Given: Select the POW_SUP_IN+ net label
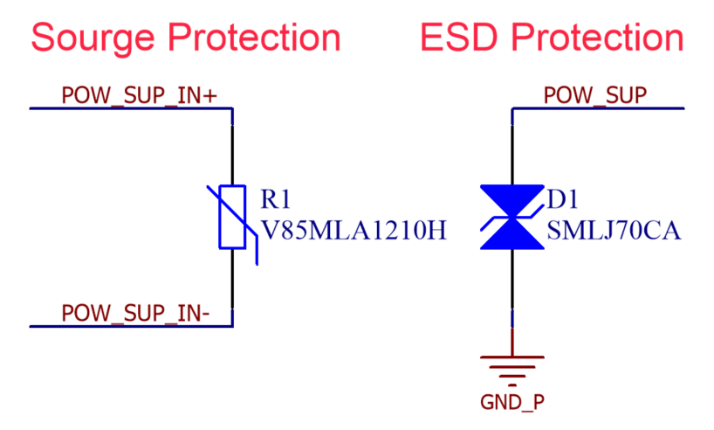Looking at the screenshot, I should pyautogui.click(x=139, y=95).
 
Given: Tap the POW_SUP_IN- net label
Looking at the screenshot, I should pyautogui.click(x=134, y=312).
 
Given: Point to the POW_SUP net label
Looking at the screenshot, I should pyautogui.click(x=595, y=95).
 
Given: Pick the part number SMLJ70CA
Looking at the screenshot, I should pyautogui.click(x=614, y=232).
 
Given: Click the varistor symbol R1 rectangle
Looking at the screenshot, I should pyautogui.click(x=232, y=217).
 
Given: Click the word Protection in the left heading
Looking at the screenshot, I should pyautogui.click(x=254, y=38).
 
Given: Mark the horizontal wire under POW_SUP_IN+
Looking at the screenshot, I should pyautogui.click(x=131, y=108).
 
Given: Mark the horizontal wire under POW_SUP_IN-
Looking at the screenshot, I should pyautogui.click(x=131, y=326).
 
